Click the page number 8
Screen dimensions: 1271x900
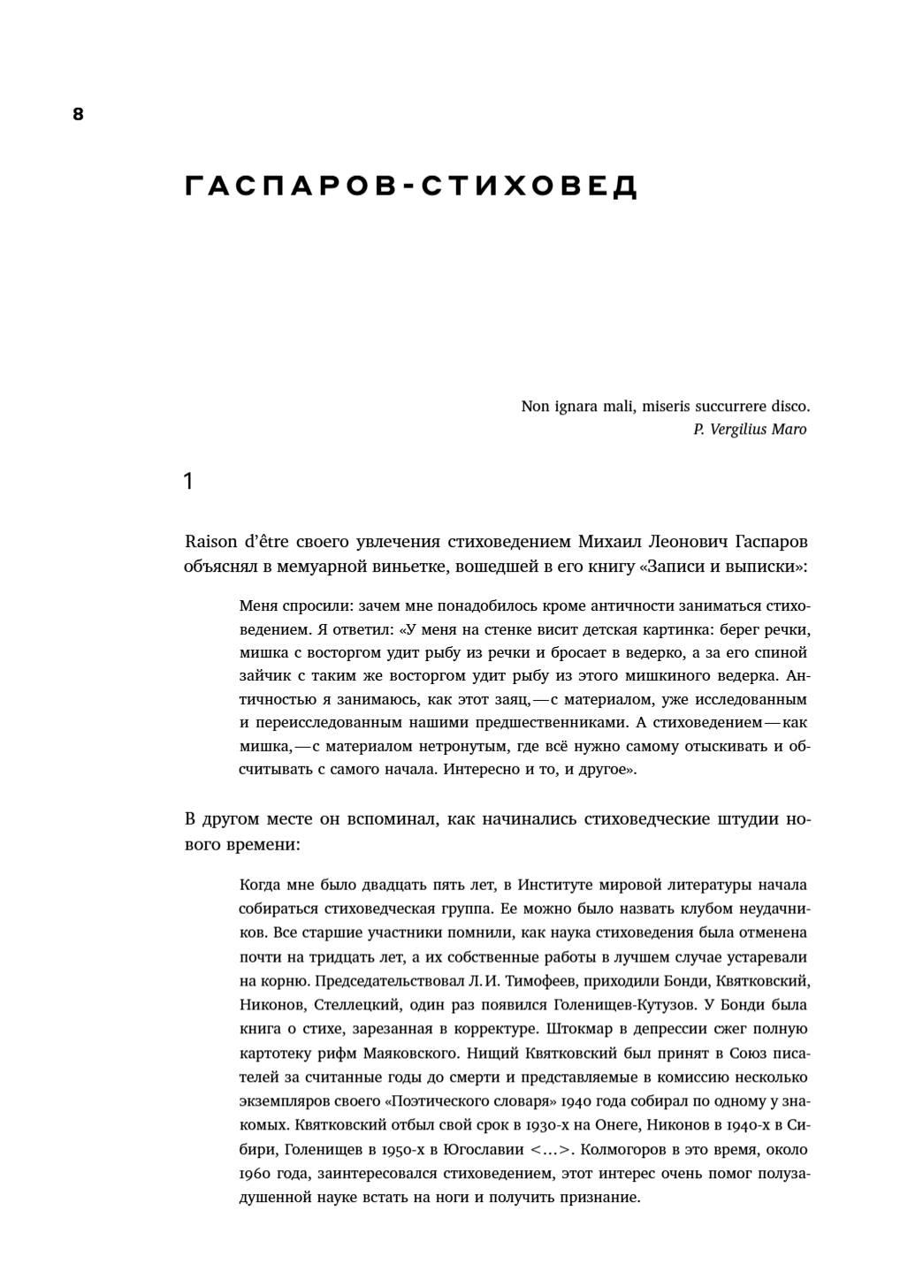click(x=78, y=114)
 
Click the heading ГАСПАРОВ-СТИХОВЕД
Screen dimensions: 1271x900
click(x=411, y=186)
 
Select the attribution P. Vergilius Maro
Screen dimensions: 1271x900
click(x=750, y=430)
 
